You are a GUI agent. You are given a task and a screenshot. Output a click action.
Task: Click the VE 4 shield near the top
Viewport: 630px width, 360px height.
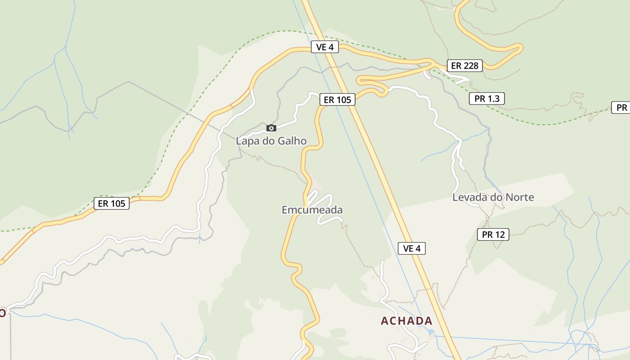[x=324, y=47]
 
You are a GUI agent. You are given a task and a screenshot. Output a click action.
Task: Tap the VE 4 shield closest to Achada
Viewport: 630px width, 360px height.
[x=411, y=248]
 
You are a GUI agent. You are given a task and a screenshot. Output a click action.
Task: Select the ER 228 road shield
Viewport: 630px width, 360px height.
[x=464, y=66]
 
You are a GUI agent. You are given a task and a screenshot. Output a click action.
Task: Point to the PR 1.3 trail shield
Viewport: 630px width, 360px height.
[x=486, y=99]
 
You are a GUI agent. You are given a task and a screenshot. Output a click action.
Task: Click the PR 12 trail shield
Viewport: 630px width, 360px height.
[x=493, y=234]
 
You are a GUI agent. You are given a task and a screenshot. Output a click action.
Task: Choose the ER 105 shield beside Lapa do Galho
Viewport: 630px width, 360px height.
[x=337, y=99]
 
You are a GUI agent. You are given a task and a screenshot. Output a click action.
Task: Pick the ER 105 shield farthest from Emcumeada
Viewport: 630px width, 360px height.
[x=111, y=203]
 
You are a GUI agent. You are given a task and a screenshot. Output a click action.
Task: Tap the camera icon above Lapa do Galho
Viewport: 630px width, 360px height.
[x=271, y=128]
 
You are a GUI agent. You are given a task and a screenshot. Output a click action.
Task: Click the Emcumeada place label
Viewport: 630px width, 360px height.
[x=312, y=210]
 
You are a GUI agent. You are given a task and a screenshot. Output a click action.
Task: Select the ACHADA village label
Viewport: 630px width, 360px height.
[x=406, y=321]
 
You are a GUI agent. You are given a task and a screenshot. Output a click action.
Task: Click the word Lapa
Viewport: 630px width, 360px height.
[x=247, y=141]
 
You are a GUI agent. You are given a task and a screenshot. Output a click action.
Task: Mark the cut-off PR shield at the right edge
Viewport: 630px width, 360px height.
[x=621, y=108]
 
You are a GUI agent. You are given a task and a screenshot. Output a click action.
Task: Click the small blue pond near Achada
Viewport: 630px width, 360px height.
[x=431, y=332]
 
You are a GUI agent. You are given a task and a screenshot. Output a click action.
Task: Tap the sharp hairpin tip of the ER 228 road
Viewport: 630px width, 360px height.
[x=521, y=47]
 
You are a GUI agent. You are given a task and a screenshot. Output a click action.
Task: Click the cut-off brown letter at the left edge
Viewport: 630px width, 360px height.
[x=2, y=312]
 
